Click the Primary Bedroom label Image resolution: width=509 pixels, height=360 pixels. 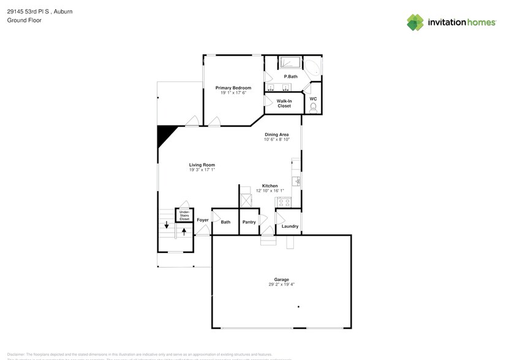point(233,88)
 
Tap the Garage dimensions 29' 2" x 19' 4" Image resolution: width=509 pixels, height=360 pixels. point(281,285)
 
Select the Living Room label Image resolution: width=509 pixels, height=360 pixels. point(202,165)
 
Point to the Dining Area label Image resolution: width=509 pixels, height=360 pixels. point(276,134)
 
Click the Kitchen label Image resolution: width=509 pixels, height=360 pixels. point(270,186)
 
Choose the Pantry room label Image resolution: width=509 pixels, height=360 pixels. point(249,222)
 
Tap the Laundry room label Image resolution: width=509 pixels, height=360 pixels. point(290,226)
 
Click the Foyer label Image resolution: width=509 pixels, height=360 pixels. point(203,220)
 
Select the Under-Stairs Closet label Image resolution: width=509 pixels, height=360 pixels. point(184,215)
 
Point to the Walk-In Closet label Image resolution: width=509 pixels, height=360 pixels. point(284,103)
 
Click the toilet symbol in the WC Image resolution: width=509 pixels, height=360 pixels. point(313,108)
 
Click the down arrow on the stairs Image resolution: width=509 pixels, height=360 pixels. point(166,225)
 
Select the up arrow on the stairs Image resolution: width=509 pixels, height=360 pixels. point(184,231)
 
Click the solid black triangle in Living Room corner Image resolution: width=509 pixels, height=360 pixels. point(164,134)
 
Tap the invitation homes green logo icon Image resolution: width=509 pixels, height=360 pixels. point(415,23)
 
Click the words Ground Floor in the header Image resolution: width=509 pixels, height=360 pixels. point(21,20)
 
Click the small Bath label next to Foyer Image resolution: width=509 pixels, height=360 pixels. point(225,222)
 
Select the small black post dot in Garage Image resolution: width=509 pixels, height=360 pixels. point(298,307)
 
